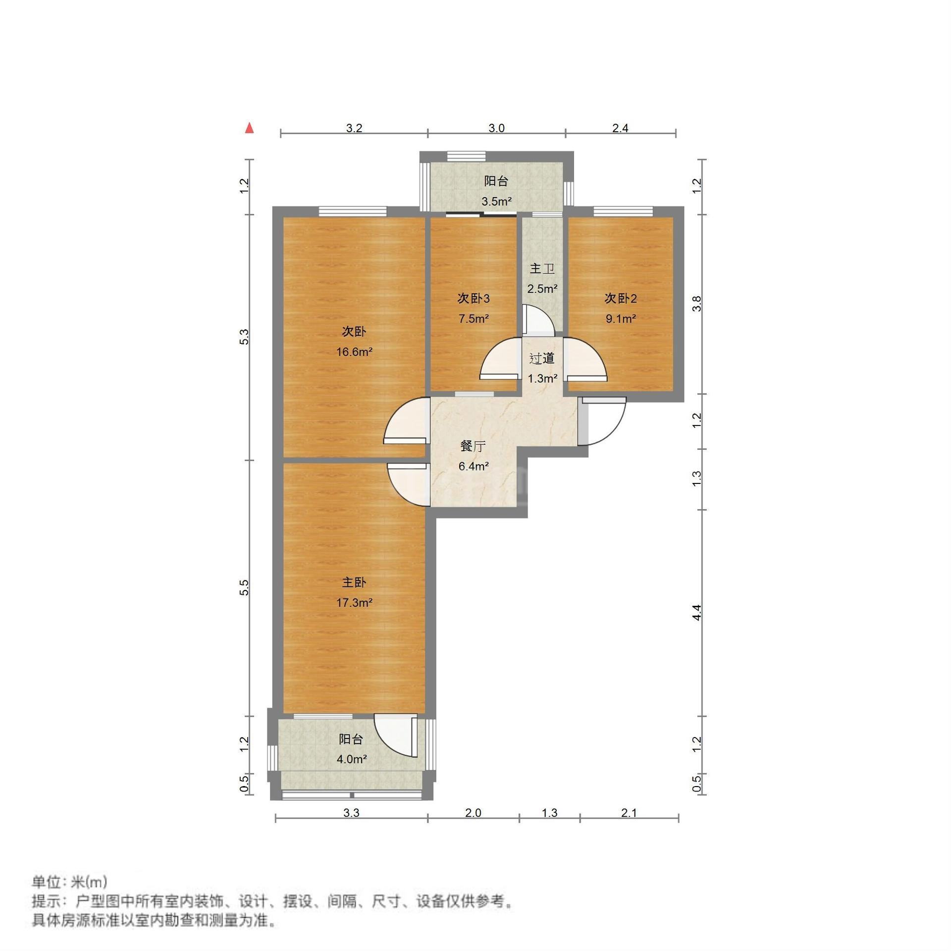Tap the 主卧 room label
(x=354, y=582)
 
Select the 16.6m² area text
(x=354, y=352)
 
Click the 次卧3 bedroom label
(x=474, y=298)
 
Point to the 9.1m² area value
(x=621, y=318)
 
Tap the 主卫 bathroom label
(x=542, y=269)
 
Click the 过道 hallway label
(x=542, y=358)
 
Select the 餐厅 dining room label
(x=473, y=446)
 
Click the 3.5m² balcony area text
(x=496, y=202)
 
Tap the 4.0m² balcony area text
(x=351, y=759)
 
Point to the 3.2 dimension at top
(x=354, y=128)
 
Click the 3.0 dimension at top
(x=496, y=128)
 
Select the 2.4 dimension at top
(x=620, y=128)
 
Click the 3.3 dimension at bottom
(x=351, y=813)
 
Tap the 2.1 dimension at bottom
(x=629, y=813)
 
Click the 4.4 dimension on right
(x=697, y=613)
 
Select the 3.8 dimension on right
(x=697, y=303)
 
